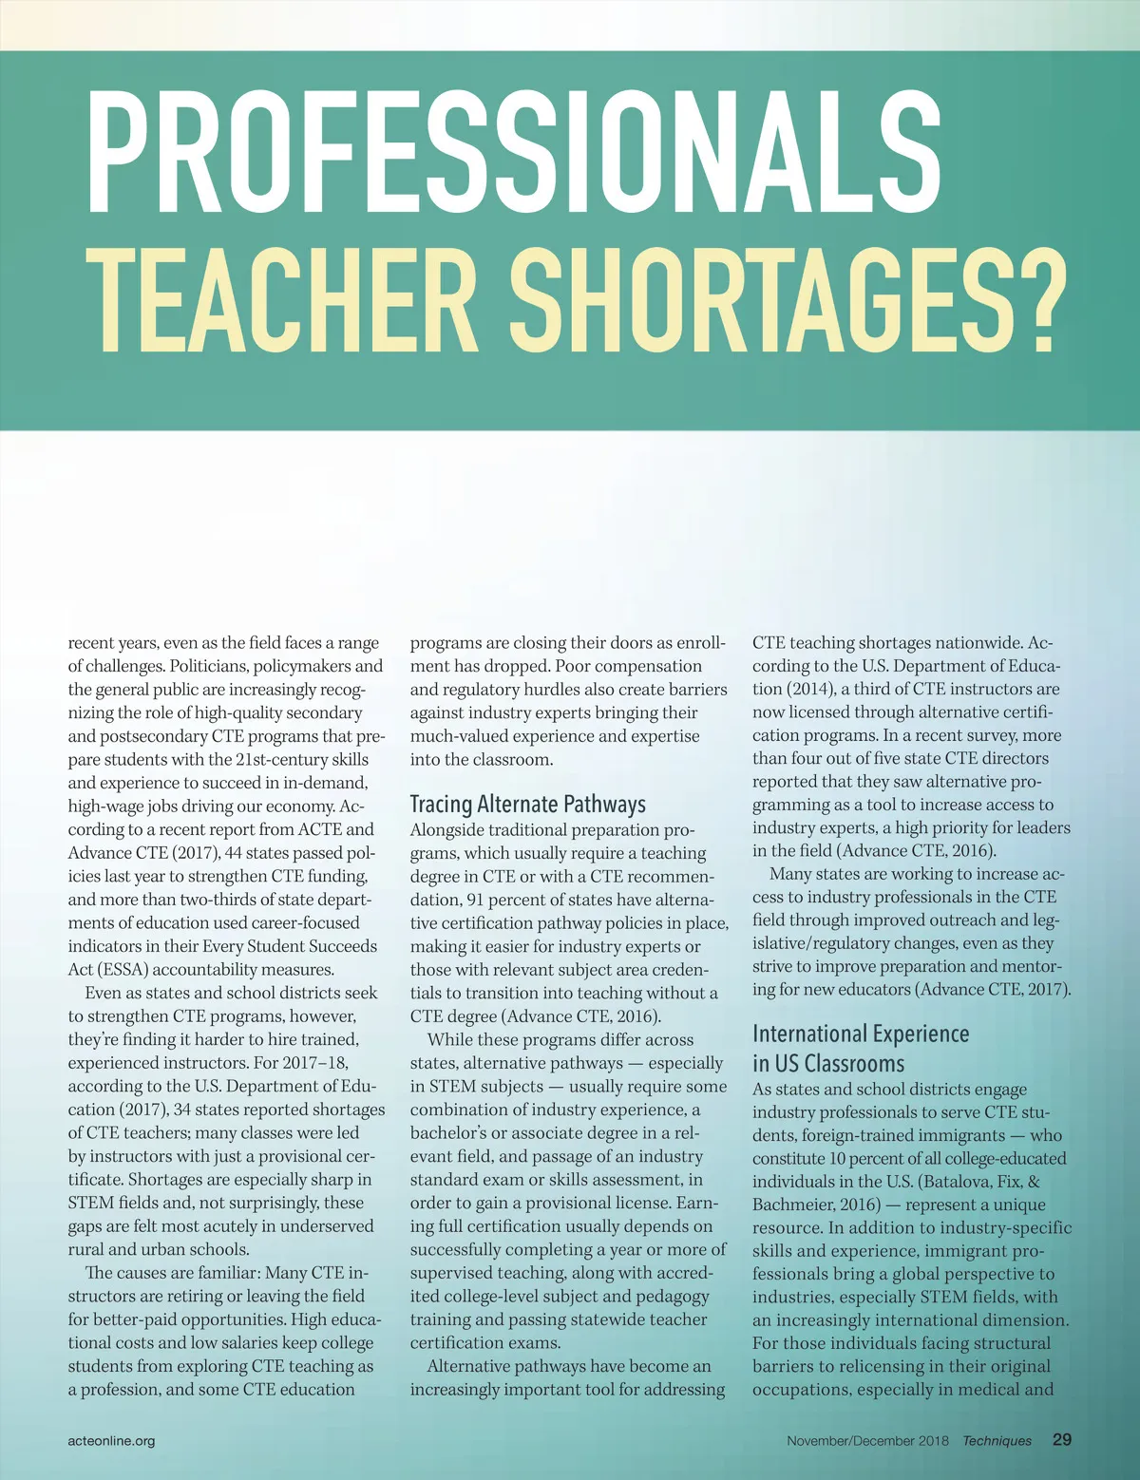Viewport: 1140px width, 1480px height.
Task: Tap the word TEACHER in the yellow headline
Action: [x=281, y=300]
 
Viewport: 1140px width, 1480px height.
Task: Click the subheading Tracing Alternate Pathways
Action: [x=527, y=804]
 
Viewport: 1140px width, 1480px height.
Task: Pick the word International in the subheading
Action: [x=809, y=1034]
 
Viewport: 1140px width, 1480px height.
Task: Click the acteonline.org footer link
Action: [x=111, y=1440]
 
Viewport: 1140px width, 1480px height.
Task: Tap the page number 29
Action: [x=1062, y=1439]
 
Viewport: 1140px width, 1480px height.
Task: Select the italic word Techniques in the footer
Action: [x=997, y=1440]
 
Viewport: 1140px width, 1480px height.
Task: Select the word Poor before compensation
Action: [x=574, y=666]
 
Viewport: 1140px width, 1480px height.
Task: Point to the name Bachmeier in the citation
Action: [x=794, y=1204]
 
